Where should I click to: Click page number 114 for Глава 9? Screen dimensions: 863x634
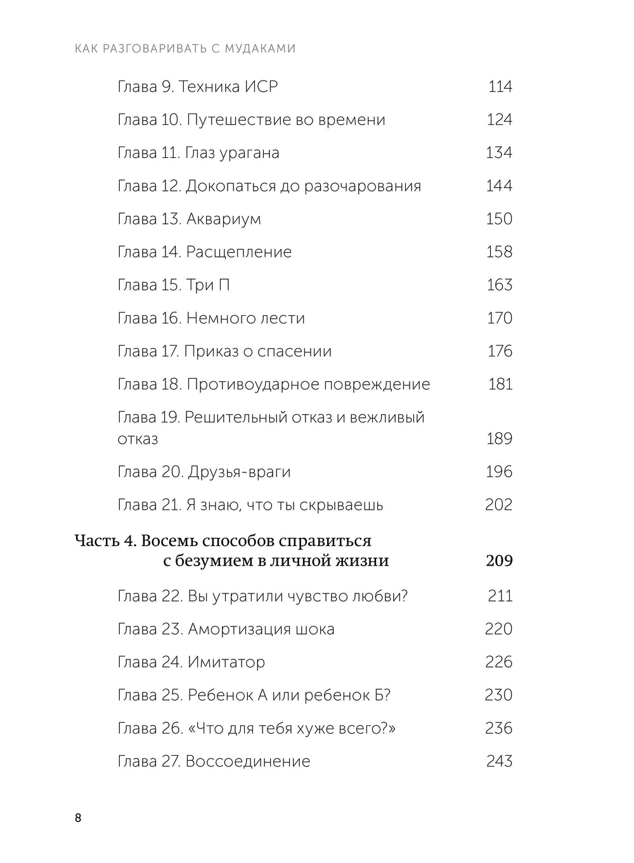[500, 87]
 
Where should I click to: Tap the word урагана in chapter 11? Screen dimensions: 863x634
[248, 153]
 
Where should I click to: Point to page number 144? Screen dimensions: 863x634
[499, 186]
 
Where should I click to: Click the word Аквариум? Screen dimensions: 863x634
[223, 219]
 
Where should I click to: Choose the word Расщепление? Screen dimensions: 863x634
[238, 252]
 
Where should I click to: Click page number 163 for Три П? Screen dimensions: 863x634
[499, 285]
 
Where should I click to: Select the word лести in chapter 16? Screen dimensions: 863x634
[283, 318]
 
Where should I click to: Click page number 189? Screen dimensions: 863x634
[499, 439]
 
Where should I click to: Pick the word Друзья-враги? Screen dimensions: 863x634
[239, 472]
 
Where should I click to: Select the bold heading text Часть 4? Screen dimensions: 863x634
[105, 541]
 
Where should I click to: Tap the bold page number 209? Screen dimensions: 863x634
[499, 561]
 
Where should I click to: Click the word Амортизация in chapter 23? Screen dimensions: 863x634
[238, 630]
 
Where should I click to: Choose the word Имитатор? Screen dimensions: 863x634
[226, 663]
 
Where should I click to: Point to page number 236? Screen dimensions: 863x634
[498, 729]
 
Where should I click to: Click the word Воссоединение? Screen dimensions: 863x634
[248, 762]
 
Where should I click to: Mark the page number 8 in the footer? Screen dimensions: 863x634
[78, 818]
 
